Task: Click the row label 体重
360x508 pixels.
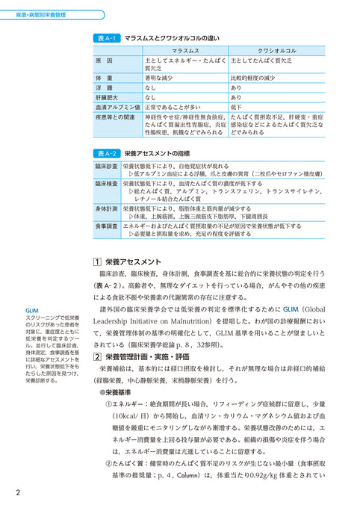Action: point(99,76)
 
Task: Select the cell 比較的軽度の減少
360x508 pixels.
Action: point(258,76)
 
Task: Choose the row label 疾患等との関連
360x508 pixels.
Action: point(109,117)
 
